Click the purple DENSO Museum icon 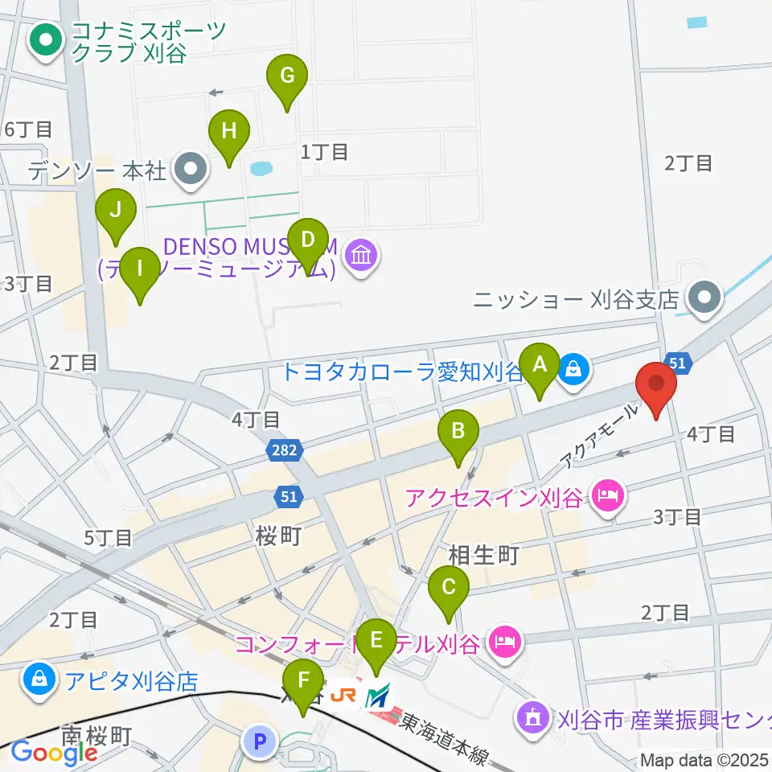[x=361, y=257]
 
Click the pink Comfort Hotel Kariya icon [x=504, y=643]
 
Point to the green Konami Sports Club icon [x=46, y=40]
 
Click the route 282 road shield [x=287, y=454]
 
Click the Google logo [x=54, y=753]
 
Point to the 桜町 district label [x=278, y=536]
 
